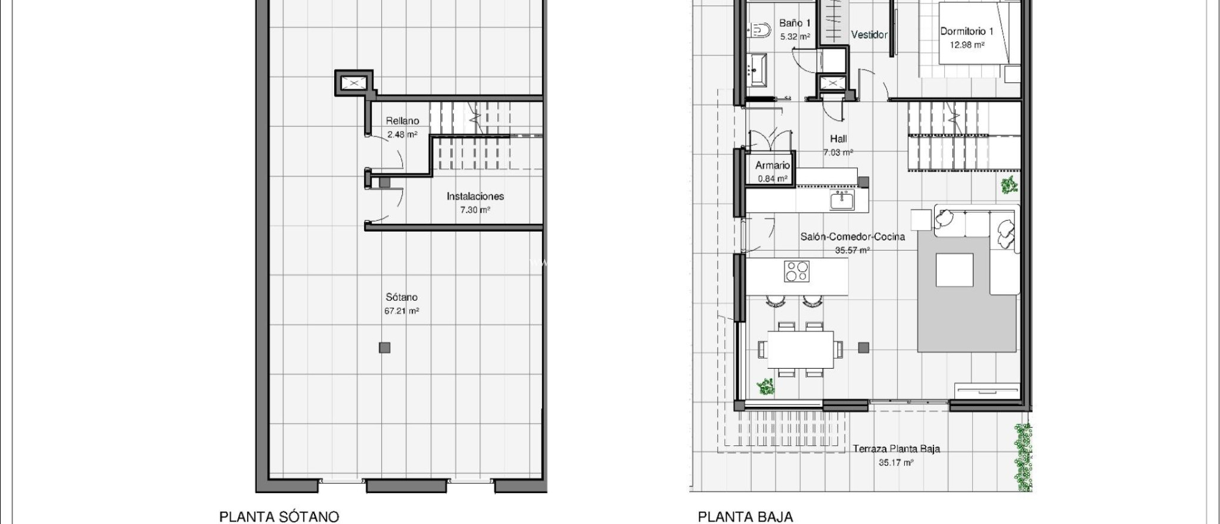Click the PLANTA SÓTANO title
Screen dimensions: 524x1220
tap(279, 516)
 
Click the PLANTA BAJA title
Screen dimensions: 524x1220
tap(745, 516)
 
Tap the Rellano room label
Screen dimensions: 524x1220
tap(402, 121)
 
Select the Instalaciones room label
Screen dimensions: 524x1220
tap(475, 196)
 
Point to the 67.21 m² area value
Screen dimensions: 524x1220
tap(402, 311)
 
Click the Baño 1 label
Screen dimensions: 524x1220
tap(795, 23)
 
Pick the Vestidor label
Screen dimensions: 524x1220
tap(869, 35)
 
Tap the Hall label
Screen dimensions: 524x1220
tap(838, 139)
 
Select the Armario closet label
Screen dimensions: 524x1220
tap(773, 166)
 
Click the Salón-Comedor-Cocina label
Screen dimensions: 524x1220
tap(852, 236)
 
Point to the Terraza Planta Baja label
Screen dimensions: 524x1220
tap(897, 449)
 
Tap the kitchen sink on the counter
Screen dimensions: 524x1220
tap(842, 201)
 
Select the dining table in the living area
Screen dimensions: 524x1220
tap(801, 350)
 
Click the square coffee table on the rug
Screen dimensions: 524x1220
tap(954, 270)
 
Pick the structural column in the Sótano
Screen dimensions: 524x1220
tap(385, 348)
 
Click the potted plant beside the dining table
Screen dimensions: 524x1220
tap(765, 388)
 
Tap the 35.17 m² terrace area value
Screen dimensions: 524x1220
tap(897, 463)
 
